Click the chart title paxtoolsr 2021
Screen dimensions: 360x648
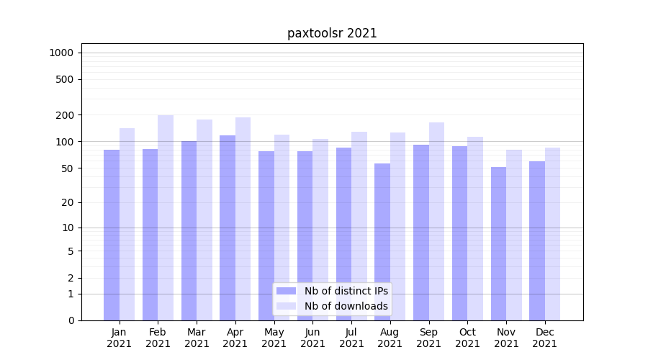click(332, 33)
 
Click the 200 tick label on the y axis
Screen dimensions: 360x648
click(65, 115)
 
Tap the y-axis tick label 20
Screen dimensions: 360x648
click(68, 202)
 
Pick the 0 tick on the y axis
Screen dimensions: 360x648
click(71, 320)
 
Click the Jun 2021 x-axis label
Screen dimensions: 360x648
click(312, 338)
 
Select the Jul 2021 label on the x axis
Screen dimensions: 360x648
click(351, 338)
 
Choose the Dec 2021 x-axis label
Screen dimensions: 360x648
click(544, 338)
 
